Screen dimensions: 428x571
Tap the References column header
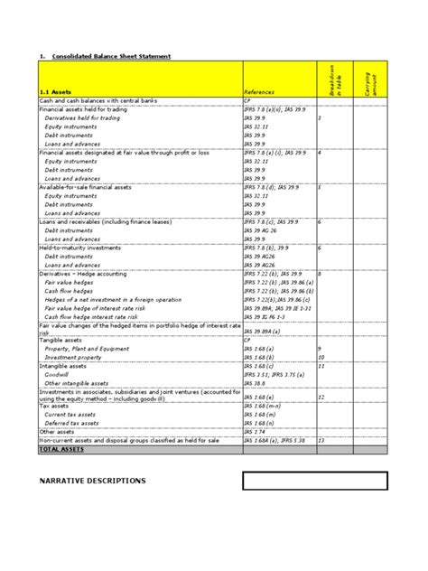click(262, 92)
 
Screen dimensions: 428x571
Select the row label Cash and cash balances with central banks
click(99, 101)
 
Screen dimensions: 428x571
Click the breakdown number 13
click(322, 440)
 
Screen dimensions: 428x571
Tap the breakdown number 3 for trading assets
click(321, 118)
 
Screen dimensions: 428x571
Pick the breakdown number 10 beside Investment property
click(322, 357)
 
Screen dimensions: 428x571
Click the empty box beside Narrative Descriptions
click(314, 481)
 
